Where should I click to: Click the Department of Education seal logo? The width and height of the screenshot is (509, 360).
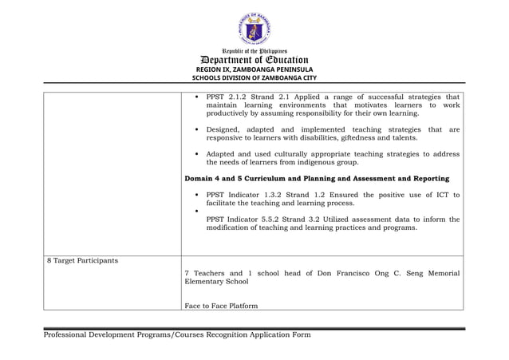254,30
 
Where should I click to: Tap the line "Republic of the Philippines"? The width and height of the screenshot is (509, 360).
254,50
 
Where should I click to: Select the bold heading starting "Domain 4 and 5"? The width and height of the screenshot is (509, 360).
316,178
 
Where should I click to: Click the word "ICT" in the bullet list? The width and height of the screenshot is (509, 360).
443,195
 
